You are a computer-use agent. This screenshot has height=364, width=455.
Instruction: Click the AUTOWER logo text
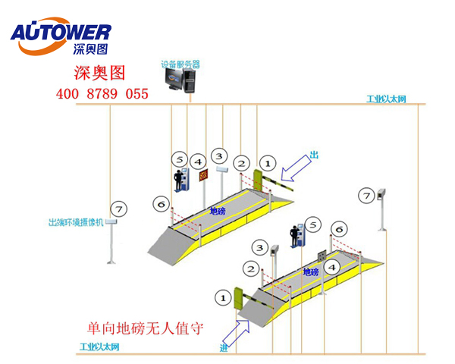61,33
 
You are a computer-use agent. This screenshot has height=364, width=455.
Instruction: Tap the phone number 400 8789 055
102,94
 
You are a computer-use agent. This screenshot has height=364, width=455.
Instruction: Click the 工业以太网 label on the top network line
386,99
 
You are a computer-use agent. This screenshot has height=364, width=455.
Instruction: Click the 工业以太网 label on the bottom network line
99,347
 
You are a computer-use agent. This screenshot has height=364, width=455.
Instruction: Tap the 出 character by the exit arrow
315,155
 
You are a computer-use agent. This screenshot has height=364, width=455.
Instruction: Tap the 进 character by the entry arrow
224,347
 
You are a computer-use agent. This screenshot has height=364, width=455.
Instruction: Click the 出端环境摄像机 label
77,223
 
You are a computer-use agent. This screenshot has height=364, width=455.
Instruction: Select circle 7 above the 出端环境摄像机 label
118,206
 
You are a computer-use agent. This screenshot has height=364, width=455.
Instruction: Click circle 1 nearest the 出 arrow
266,162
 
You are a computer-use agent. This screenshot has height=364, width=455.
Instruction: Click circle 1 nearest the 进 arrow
222,297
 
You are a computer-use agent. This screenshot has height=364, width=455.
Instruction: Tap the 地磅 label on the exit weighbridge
217,211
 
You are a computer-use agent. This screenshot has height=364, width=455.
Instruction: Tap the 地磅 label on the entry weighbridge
311,271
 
